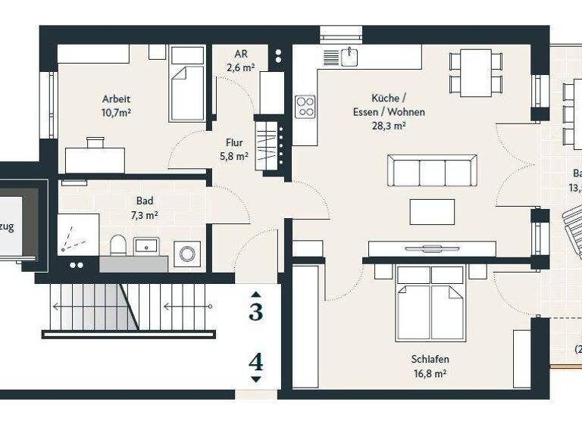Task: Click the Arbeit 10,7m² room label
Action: pos(117,105)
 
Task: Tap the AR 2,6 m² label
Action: pos(241,61)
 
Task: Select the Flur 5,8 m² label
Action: pos(233,149)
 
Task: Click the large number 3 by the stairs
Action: pos(256,311)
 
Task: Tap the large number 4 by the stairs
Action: pos(256,363)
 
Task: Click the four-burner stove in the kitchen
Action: pos(305,106)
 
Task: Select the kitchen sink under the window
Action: pos(349,57)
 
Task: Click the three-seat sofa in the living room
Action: pos(431,170)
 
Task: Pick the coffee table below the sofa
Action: pos(432,211)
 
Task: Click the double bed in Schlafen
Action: pos(430,302)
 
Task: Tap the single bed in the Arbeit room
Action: pos(187,83)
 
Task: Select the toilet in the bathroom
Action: pos(118,245)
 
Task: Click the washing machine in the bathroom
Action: pos(186,254)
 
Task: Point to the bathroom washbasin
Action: pos(145,246)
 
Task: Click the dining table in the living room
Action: pos(476,73)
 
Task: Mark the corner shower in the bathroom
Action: pos(78,235)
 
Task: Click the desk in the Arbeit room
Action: pos(95,158)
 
